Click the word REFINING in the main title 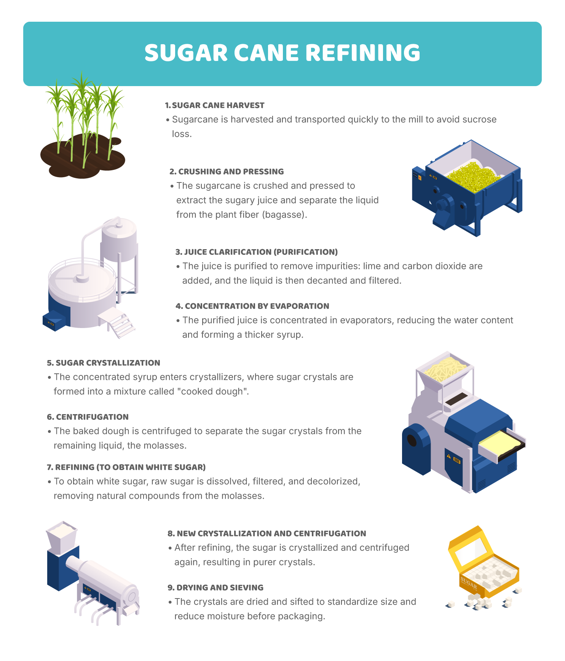pos(363,53)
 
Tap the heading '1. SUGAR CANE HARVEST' pos(215,105)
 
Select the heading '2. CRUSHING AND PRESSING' pos(227,171)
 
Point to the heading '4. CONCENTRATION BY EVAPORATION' pos(252,306)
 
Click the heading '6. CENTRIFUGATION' pos(88,417)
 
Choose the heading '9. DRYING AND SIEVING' pos(215,587)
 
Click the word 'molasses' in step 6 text pos(167,445)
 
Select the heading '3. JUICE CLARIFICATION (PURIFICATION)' pos(257,252)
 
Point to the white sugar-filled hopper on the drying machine pos(62,537)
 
